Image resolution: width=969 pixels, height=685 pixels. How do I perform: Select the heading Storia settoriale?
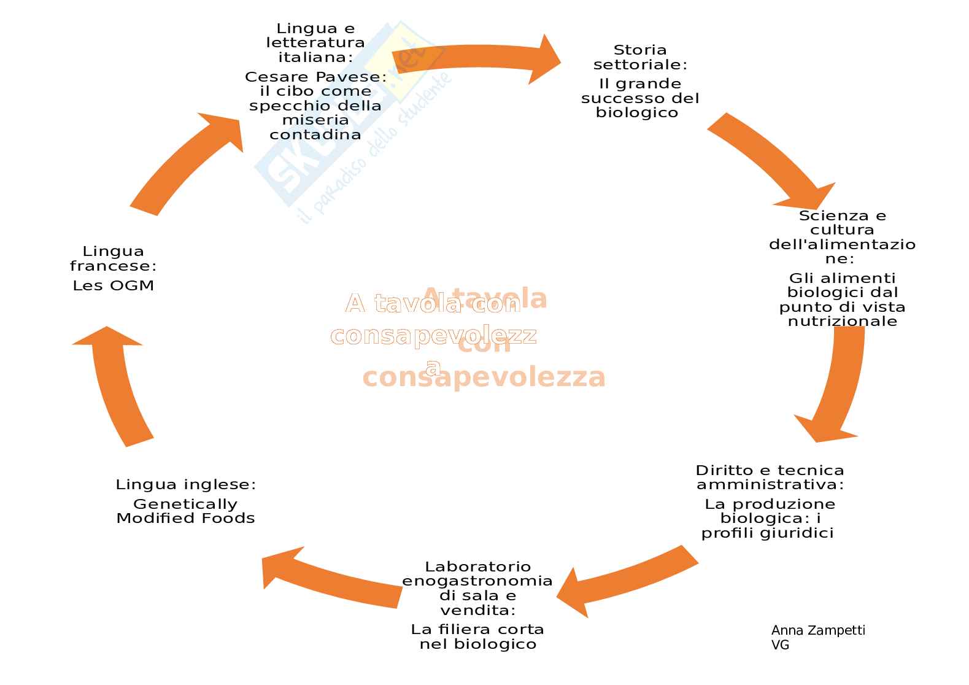pos(639,57)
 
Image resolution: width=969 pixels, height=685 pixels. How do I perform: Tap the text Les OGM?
pos(114,285)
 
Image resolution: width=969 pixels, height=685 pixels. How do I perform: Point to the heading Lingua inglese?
pos(185,485)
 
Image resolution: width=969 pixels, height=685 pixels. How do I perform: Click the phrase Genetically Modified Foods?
pos(185,511)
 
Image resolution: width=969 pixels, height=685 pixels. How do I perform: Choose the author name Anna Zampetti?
pos(818,630)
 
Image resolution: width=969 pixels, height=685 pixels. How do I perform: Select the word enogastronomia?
pos(477,581)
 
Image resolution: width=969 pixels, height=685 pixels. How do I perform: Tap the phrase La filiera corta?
pos(477,630)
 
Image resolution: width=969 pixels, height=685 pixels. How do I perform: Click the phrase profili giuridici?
pos(768,533)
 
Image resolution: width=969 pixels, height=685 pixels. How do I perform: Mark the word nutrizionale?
pos(843,322)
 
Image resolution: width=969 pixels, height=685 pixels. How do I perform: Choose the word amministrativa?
pos(770,485)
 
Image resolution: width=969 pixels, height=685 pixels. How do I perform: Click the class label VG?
pos(780,645)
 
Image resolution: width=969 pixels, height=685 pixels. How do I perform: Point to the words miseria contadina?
pos(315,127)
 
